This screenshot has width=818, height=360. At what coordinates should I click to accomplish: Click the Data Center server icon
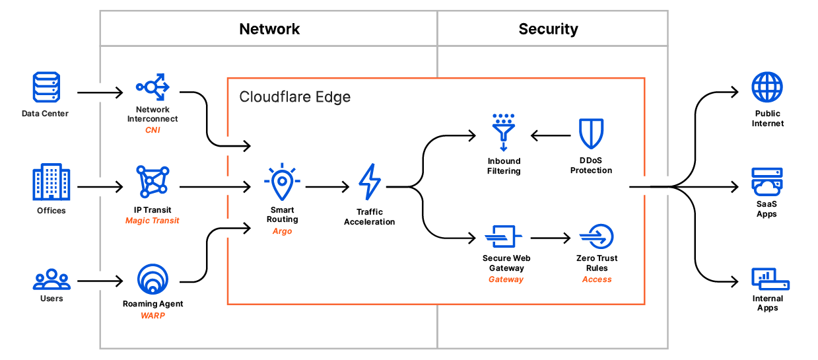click(x=46, y=88)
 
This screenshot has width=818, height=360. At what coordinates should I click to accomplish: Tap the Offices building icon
click(x=51, y=182)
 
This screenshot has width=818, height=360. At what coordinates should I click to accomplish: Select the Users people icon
click(x=51, y=279)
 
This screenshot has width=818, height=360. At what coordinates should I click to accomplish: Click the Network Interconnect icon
click(x=153, y=87)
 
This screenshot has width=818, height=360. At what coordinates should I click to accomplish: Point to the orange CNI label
click(x=153, y=130)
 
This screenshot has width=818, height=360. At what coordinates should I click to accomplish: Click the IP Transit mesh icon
click(x=153, y=182)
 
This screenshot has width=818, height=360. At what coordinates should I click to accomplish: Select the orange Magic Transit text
click(x=153, y=221)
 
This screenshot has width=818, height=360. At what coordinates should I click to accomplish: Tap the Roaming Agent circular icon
click(x=153, y=279)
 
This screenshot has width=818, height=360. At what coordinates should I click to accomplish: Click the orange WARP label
click(x=153, y=315)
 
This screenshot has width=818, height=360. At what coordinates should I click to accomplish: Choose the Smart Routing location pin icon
click(x=282, y=182)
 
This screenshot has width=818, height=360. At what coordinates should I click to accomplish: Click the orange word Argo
click(x=282, y=231)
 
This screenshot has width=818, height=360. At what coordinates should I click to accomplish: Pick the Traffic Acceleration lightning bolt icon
click(x=369, y=183)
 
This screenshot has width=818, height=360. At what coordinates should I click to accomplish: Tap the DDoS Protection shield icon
click(x=591, y=134)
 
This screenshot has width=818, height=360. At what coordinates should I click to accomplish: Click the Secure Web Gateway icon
click(x=504, y=236)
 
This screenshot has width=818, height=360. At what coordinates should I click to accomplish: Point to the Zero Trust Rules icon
click(x=597, y=236)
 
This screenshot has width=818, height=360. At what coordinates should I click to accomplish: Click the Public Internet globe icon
click(x=767, y=88)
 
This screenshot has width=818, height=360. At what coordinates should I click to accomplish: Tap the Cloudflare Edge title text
click(x=294, y=97)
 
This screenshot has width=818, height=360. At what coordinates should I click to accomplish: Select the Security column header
click(x=548, y=29)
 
